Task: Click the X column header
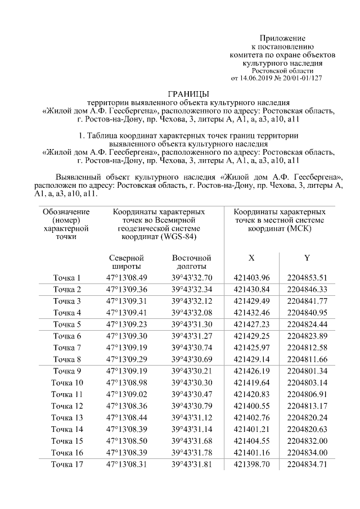tap(251, 258)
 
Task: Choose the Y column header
tap(307, 258)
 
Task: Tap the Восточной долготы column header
tap(192, 262)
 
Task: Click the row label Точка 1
tap(67, 278)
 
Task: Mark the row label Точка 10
tap(67, 382)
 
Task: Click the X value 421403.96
tap(251, 278)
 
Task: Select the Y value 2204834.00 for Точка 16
tap(307, 452)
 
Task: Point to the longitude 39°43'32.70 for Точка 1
tap(192, 278)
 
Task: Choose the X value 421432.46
tap(251, 313)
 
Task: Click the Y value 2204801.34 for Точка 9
tap(307, 371)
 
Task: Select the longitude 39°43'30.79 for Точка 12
tap(192, 406)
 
